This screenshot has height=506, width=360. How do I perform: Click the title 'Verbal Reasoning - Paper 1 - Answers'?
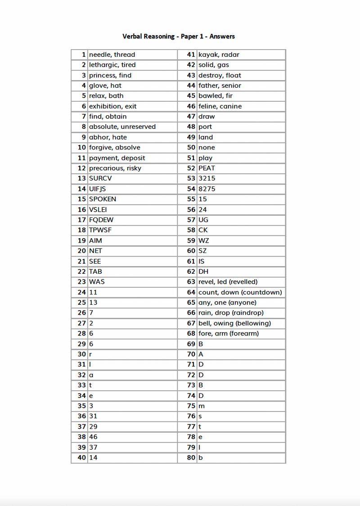pyautogui.click(x=179, y=36)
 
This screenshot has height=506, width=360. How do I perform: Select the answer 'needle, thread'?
pyautogui.click(x=112, y=54)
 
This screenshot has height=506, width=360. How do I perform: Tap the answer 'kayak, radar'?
pyautogui.click(x=219, y=54)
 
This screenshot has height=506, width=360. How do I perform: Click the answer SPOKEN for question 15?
pyautogui.click(x=103, y=199)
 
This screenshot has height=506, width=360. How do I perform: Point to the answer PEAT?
pyautogui.click(x=207, y=168)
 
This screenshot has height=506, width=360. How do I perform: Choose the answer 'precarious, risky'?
pyautogui.click(x=115, y=168)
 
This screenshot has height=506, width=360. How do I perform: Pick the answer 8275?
pyautogui.click(x=207, y=189)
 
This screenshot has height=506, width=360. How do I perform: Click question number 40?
pyautogui.click(x=81, y=457)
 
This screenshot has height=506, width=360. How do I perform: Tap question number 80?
pyautogui.click(x=191, y=457)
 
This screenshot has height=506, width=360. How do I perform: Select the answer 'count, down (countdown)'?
pyautogui.click(x=240, y=292)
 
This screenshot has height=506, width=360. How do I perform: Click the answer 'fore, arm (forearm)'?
pyautogui.click(x=229, y=334)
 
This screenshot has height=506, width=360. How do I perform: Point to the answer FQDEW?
pyautogui.click(x=101, y=220)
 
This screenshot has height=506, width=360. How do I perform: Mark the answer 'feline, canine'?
pyautogui.click(x=220, y=106)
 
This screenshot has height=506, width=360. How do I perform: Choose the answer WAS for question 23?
pyautogui.click(x=97, y=282)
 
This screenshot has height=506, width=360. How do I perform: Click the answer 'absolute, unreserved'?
pyautogui.click(x=122, y=127)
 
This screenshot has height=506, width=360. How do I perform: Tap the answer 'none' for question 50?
pyautogui.click(x=207, y=147)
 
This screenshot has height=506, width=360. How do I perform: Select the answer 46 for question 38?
pyautogui.click(x=93, y=437)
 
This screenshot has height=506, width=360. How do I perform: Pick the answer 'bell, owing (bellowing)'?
pyautogui.click(x=234, y=323)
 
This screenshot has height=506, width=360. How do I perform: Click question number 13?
pyautogui.click(x=81, y=178)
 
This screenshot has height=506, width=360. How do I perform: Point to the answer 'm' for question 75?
pyautogui.click(x=202, y=406)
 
